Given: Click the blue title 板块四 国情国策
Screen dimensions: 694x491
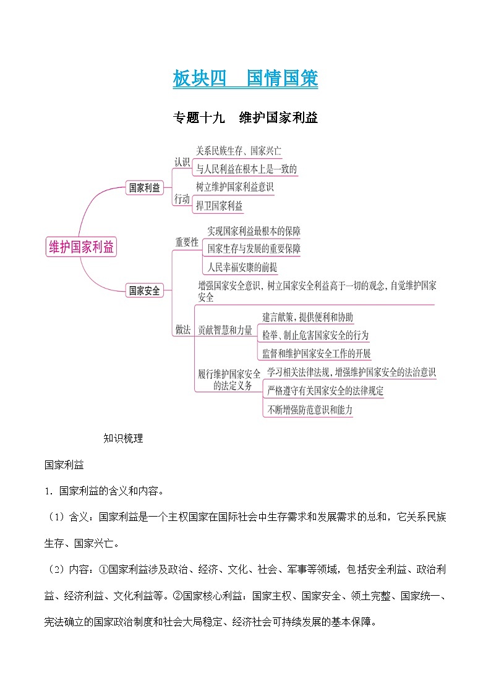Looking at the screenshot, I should (246, 79).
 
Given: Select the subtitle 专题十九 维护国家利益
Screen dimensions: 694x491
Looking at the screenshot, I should (246, 117).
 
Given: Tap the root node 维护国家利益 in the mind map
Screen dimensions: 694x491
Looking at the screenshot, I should (81, 247).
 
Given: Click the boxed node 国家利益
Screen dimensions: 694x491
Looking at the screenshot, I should (144, 188).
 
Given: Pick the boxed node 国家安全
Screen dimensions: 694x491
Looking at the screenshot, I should (144, 290).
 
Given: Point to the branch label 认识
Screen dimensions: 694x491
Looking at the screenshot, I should (182, 162).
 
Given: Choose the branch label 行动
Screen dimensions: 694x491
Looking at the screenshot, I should (182, 199).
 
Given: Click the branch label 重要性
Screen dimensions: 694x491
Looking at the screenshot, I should (187, 242).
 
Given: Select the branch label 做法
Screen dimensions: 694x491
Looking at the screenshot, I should (182, 330).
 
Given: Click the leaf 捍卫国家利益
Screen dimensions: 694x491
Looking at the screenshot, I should (219, 206).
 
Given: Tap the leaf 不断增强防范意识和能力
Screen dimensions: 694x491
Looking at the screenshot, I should (310, 409).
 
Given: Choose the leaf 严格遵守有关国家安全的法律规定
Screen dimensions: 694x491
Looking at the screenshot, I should (325, 391).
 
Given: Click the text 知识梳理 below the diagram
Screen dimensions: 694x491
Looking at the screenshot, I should (123, 439).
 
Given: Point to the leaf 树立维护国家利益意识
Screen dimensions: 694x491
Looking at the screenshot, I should (234, 187).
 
